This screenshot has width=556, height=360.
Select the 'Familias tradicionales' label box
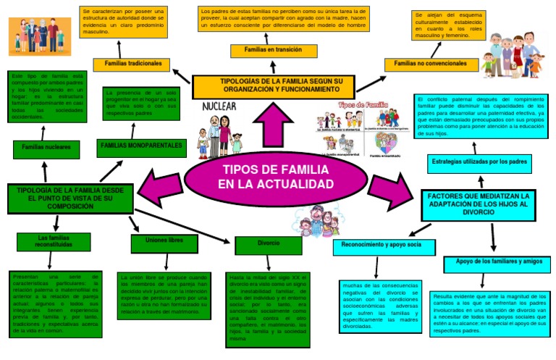pyautogui.click(x=132, y=64)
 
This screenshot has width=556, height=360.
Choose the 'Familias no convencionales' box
pyautogui.click(x=430, y=64)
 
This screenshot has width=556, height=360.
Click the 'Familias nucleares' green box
pyautogui.click(x=46, y=148)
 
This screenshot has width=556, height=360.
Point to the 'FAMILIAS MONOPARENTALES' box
pyautogui.click(x=140, y=146)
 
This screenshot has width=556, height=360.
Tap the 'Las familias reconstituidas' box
pyautogui.click(x=54, y=241)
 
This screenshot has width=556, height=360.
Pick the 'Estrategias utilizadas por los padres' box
pyautogui.click(x=479, y=162)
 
